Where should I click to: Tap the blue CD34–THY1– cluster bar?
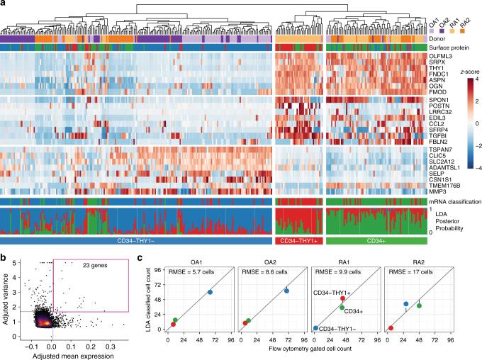(x=134, y=241)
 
